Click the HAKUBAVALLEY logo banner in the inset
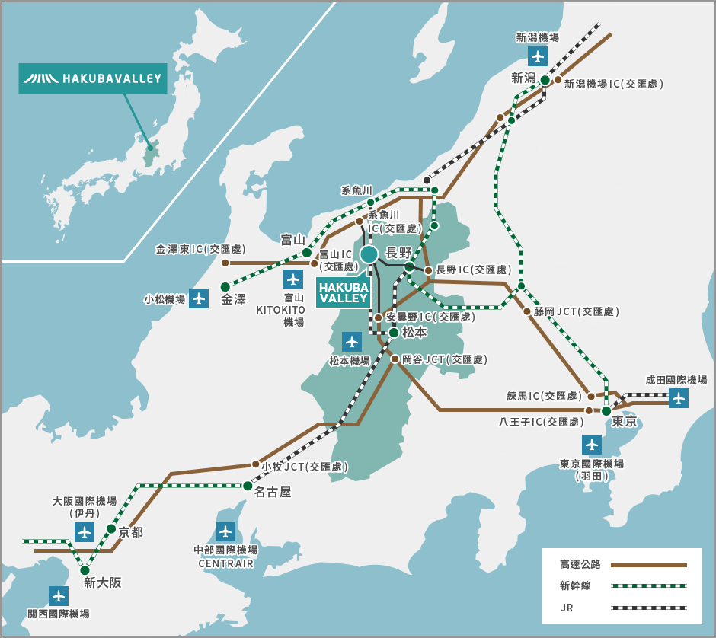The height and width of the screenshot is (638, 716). coord(92,78)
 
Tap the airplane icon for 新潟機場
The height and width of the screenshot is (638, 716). coord(538,56)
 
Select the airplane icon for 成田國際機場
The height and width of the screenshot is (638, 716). coord(679,397)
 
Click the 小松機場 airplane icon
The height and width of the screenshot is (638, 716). coord(199,298)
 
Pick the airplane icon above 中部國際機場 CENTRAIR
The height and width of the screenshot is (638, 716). coord(225,531)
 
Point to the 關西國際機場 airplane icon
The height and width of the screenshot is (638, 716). coord(59,595)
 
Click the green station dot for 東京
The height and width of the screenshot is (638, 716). coord(606,411)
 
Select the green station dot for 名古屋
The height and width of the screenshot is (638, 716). coord(248,486)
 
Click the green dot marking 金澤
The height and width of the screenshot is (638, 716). coord(225,287)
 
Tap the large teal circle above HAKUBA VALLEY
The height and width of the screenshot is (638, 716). coord(369,254)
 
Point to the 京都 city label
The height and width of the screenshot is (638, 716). coord(130,532)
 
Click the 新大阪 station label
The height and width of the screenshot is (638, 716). coord(103,583)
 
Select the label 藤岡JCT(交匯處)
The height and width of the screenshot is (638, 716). coord(577,311)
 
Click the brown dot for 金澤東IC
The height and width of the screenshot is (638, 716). coord(225,263)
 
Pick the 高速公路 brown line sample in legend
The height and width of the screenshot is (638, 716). coord(648,565)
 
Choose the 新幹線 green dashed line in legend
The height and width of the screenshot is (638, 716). coord(648,586)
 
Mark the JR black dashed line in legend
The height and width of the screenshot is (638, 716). coord(648,608)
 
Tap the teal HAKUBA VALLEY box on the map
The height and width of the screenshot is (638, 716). coord(344,292)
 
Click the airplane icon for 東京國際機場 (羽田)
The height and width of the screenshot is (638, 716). coord(592,445)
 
